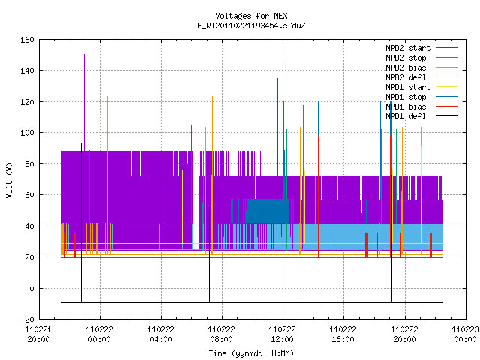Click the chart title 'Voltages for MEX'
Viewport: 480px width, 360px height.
[x=251, y=16]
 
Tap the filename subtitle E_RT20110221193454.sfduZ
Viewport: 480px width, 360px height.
[x=251, y=25]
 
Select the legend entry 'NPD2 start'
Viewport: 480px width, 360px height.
[x=408, y=48]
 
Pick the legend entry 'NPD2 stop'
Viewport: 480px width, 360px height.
[x=406, y=58]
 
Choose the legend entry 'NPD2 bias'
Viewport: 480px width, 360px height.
[x=406, y=67]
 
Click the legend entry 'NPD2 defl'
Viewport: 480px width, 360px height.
[x=406, y=77]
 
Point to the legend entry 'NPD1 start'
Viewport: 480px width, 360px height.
[x=408, y=87]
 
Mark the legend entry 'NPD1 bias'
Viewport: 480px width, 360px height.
[x=406, y=106]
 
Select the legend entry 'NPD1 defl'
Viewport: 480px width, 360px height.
[x=406, y=116]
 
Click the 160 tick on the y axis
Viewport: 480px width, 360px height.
[x=27, y=40]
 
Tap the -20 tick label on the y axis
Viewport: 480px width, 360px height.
[x=27, y=319]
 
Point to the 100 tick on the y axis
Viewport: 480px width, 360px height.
[x=27, y=133]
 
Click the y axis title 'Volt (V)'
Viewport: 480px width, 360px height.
[x=10, y=180]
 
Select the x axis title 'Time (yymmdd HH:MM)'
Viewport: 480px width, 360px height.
[x=251, y=353]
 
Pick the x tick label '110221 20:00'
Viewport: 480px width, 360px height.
[x=38, y=334]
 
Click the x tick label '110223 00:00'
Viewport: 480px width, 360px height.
[x=465, y=334]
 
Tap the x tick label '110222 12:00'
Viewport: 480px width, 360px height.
[x=282, y=334]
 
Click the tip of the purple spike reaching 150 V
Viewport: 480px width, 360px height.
[x=85, y=55]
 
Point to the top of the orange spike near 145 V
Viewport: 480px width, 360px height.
[x=283, y=64]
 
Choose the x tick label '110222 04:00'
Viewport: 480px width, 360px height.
[x=160, y=334]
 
